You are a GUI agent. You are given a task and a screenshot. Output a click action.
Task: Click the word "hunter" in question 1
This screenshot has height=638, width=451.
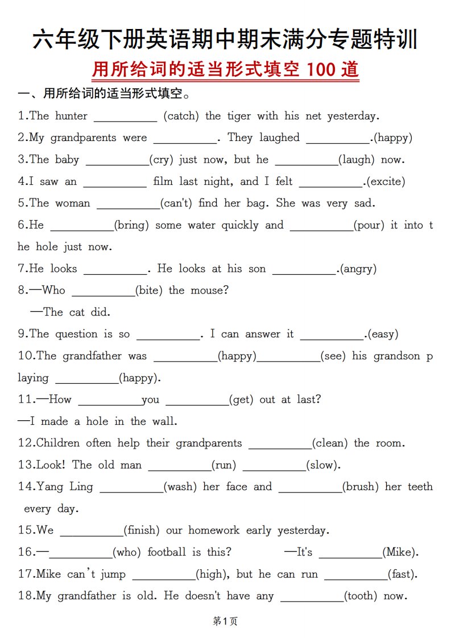click(x=71, y=116)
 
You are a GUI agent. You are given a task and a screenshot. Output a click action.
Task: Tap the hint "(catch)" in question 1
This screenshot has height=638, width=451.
click(x=181, y=116)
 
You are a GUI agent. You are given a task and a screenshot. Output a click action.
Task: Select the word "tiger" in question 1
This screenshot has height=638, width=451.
click(x=239, y=116)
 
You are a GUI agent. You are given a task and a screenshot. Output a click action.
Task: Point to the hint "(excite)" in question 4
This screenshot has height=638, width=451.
click(x=386, y=182)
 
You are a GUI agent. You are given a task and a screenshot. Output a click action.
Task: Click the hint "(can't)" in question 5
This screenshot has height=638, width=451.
click(x=177, y=203)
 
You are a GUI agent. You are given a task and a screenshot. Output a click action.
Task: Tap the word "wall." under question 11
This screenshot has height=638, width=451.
click(x=164, y=421)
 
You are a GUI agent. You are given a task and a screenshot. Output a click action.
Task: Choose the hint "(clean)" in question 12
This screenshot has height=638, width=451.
click(x=331, y=443)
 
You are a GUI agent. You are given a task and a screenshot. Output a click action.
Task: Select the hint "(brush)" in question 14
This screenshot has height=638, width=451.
click(x=361, y=487)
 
